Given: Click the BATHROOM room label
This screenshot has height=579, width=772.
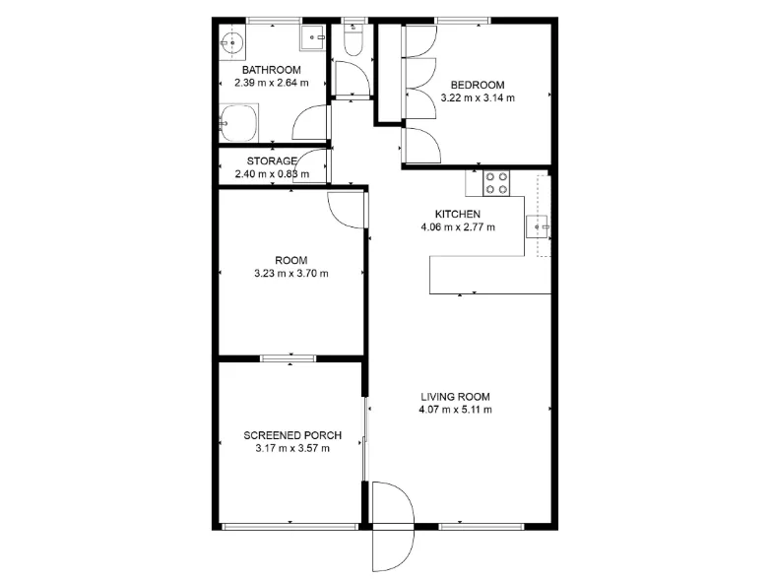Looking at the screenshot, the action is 272,70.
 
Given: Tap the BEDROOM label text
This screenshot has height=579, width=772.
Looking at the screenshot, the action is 478,85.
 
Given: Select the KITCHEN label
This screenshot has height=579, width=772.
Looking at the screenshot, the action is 457,215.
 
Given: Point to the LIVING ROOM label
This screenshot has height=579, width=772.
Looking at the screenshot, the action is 455,397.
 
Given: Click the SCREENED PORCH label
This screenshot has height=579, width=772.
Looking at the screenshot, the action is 292,435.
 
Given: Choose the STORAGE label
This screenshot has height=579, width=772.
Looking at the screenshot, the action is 272,161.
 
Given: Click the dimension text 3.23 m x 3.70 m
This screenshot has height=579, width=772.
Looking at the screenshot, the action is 291,274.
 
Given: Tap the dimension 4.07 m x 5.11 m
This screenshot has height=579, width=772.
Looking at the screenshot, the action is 455,410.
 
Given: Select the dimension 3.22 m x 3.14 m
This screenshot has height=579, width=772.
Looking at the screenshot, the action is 478,97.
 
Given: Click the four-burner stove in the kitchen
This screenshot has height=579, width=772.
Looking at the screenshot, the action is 496,183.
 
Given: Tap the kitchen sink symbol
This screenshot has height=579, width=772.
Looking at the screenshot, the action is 538,226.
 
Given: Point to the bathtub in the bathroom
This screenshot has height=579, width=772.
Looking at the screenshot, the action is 238,123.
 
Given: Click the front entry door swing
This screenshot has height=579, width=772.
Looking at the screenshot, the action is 393,526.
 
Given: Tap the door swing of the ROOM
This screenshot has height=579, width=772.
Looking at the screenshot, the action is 347,210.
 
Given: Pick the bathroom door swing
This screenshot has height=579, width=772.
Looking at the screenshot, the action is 311,122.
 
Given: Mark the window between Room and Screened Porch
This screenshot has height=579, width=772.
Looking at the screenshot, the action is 288,358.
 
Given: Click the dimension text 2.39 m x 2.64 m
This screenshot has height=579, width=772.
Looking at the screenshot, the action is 272,83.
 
